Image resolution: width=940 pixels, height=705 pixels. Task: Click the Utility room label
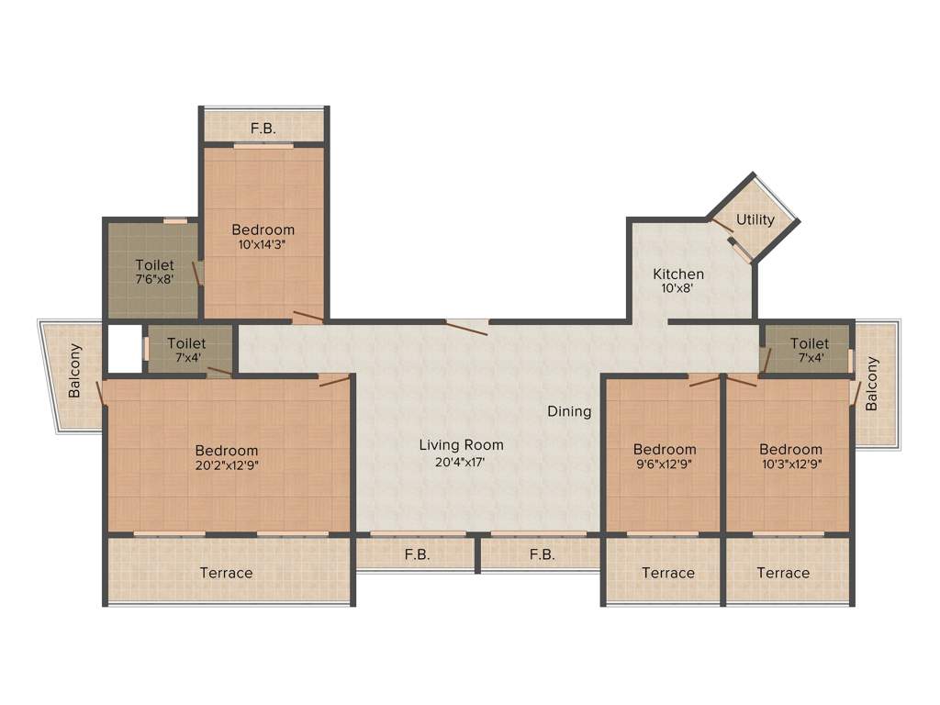coord(755,220)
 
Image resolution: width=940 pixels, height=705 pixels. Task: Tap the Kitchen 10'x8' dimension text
coord(678,287)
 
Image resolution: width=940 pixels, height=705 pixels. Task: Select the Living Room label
coord(461,445)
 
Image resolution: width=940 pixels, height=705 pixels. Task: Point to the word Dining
coord(569,411)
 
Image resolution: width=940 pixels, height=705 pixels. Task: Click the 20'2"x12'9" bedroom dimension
coord(227,464)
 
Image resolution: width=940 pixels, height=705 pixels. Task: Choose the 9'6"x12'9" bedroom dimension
coord(665,464)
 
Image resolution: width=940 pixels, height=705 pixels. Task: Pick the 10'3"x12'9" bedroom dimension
coord(790,464)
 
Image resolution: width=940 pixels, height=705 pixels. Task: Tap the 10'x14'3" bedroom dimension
coord(263,244)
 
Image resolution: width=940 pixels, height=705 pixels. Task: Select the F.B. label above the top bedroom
coord(263,129)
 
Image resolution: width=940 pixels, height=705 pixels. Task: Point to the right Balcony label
coord(872,384)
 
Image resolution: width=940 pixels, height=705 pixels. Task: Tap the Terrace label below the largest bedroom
coord(226,573)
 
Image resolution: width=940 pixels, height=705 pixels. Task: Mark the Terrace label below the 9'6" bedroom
coord(667,573)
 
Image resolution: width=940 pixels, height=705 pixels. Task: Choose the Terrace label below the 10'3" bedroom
coord(783,573)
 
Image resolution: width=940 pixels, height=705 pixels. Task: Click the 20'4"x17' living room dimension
coord(461,462)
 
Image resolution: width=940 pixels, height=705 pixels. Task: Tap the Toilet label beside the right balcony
coord(809,343)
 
